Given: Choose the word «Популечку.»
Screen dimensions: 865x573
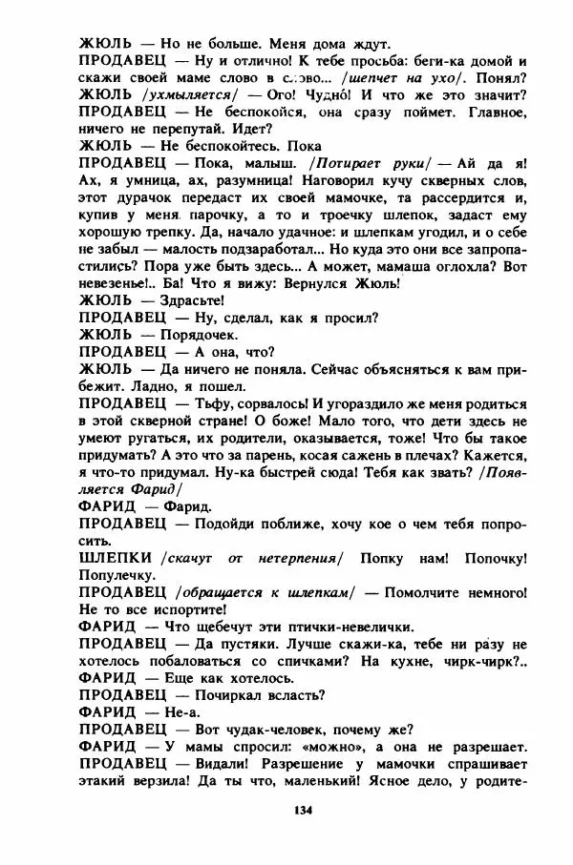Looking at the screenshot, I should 118,573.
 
